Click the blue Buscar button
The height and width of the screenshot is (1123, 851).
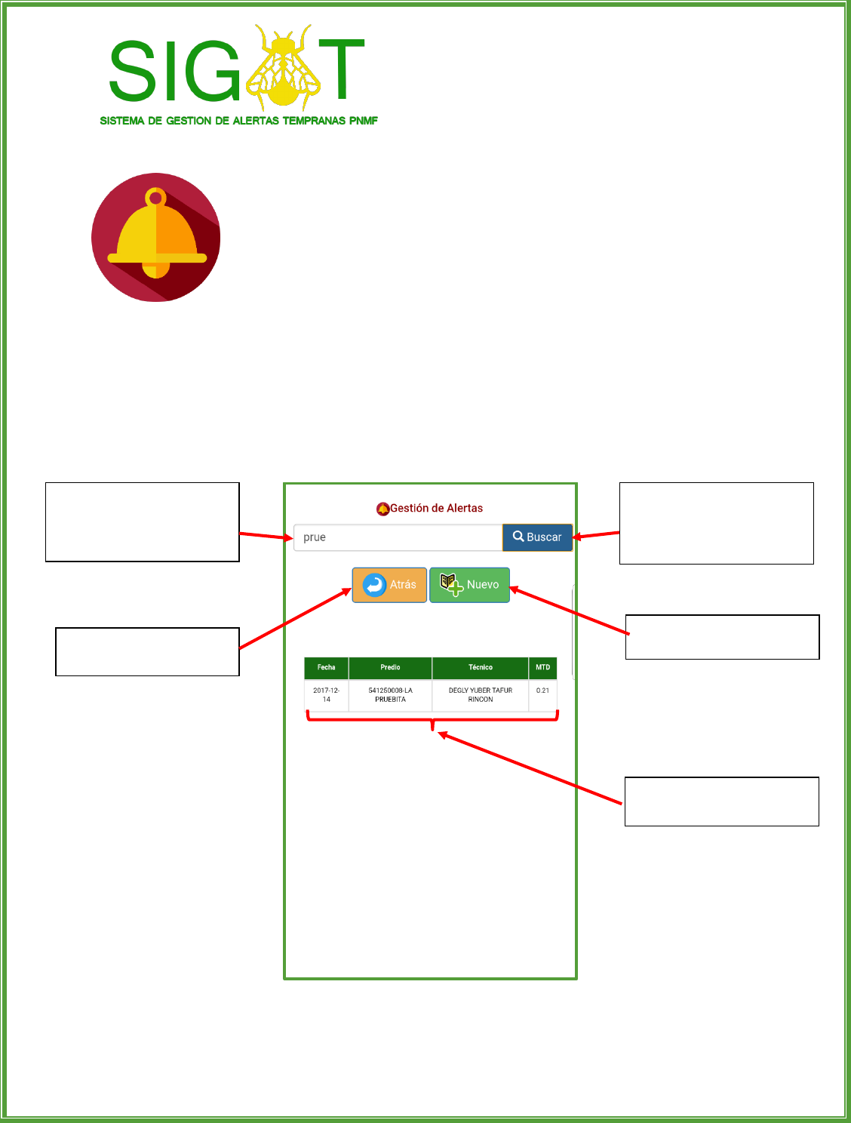[x=537, y=537]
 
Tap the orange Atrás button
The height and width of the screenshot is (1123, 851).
[x=389, y=585]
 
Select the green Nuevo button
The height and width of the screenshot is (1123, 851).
[x=469, y=585]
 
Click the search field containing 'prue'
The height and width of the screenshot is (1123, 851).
[x=398, y=537]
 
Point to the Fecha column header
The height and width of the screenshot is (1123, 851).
[x=326, y=668]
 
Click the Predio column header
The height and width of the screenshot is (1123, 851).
[x=390, y=668]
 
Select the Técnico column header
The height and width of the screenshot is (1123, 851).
[x=480, y=668]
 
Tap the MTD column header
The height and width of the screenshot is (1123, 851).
[x=542, y=668]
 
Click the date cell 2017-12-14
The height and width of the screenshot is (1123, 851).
[x=326, y=695]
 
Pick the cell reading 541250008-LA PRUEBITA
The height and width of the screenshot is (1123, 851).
[x=390, y=695]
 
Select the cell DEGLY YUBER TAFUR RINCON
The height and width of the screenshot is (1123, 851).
[x=480, y=695]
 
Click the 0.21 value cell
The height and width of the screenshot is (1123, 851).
[x=542, y=691]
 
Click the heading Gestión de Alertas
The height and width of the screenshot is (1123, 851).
[x=436, y=509]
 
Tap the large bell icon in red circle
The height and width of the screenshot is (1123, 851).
[x=156, y=238]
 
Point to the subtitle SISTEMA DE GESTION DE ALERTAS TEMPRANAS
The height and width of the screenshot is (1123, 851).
[x=238, y=121]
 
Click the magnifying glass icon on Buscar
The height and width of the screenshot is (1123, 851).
[x=518, y=537]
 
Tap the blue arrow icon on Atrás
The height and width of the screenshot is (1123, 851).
[x=374, y=585]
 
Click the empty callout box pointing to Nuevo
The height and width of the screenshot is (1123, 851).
[x=722, y=637]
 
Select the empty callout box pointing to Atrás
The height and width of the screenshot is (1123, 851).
[x=147, y=651]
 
